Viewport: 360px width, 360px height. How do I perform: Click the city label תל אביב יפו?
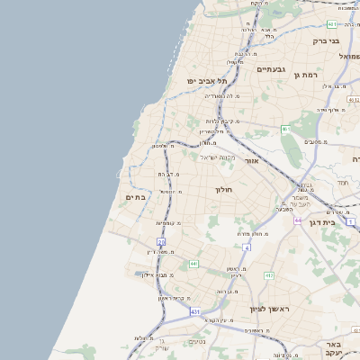[213, 81]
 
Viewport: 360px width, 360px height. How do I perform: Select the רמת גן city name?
[304, 74]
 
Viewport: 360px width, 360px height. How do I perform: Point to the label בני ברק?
[326, 40]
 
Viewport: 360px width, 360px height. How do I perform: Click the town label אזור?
[252, 160]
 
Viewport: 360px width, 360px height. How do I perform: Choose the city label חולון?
[223, 190]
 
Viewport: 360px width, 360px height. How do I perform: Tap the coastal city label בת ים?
[136, 197]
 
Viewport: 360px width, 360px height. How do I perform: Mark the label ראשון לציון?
[267, 309]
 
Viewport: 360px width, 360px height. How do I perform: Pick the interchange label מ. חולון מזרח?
[253, 234]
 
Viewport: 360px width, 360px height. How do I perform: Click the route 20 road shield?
[161, 242]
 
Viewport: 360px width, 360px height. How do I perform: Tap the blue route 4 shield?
[246, 247]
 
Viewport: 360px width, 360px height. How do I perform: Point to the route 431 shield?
[196, 310]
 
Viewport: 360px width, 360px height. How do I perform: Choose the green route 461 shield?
[285, 130]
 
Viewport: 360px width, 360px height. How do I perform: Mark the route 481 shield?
[333, 24]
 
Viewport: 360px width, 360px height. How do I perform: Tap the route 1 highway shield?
[351, 221]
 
